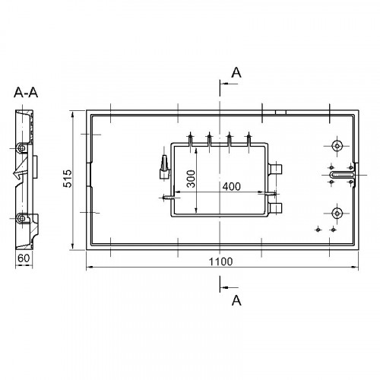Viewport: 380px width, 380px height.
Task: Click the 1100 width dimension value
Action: coord(220,261)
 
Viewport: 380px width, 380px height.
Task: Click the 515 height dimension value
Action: coord(68,179)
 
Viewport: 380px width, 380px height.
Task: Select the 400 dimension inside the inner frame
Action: coord(231,186)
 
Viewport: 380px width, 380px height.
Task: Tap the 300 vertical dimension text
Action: coord(191,179)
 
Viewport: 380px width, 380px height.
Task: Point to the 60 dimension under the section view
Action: coord(24,258)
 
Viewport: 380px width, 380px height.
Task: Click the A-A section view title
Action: coord(26,93)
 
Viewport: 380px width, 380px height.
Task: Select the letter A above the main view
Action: coord(236,73)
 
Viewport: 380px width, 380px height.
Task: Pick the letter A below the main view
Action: coord(236,300)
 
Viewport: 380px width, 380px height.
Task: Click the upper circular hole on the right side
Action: coord(337,146)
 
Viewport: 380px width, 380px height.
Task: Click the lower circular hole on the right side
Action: coord(337,214)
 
